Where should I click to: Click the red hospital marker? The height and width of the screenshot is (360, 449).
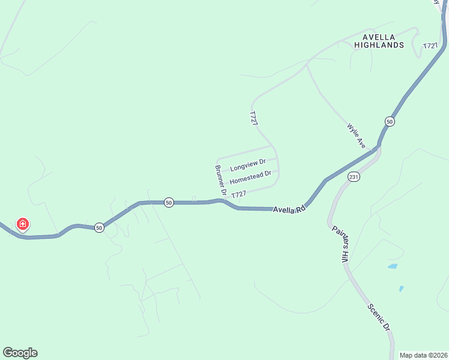click(22, 225)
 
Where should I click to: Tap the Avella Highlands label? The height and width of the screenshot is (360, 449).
click(379, 40)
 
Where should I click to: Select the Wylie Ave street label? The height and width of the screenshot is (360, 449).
click(357, 136)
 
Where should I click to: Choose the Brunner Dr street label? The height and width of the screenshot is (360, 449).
click(220, 178)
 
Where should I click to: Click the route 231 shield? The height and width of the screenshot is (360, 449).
click(354, 177)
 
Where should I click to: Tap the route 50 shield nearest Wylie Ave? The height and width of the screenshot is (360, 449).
click(390, 121)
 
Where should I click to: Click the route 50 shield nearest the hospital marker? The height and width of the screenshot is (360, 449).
click(99, 227)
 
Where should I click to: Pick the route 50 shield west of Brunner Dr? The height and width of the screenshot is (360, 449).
click(169, 203)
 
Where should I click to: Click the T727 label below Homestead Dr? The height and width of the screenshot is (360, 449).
click(238, 194)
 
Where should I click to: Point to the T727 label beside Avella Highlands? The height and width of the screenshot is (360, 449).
click(430, 46)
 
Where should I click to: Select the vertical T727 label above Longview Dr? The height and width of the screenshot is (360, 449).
click(254, 118)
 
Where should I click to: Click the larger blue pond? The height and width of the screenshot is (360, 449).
click(392, 266)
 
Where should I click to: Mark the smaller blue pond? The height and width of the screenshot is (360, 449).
click(401, 289)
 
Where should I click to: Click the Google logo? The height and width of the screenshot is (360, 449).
click(20, 353)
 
